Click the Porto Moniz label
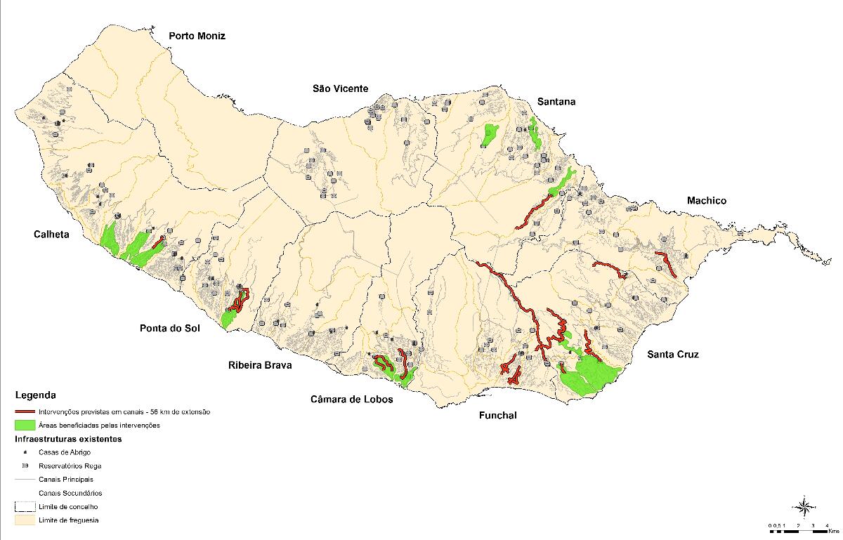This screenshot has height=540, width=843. (197, 36)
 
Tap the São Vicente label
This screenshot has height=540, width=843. (340, 88)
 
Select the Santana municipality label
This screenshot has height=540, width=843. (556, 102)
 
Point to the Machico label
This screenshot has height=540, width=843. (707, 201)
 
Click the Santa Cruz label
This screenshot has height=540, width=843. (673, 355)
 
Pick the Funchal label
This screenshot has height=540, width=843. (497, 416)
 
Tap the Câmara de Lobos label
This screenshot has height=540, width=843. (351, 399)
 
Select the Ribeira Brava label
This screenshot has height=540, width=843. (259, 365)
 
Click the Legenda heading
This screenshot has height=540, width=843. (35, 395)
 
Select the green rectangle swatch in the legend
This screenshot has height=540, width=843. (25, 426)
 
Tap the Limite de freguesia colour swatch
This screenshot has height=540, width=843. (25, 520)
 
